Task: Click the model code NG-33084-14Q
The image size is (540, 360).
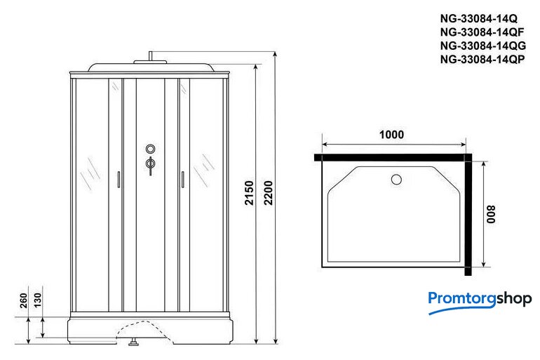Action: [479, 18]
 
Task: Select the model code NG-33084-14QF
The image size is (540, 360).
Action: [482, 32]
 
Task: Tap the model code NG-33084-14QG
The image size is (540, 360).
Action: [482, 46]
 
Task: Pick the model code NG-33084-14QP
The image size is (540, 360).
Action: [482, 59]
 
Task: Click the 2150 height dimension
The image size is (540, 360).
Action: [249, 193]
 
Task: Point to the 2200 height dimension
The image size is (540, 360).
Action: [269, 193]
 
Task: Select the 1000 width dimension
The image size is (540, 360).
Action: [391, 134]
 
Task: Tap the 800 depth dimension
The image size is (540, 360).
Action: [491, 214]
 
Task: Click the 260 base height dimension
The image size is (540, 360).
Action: [23, 300]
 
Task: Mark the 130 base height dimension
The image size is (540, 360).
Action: [37, 300]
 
